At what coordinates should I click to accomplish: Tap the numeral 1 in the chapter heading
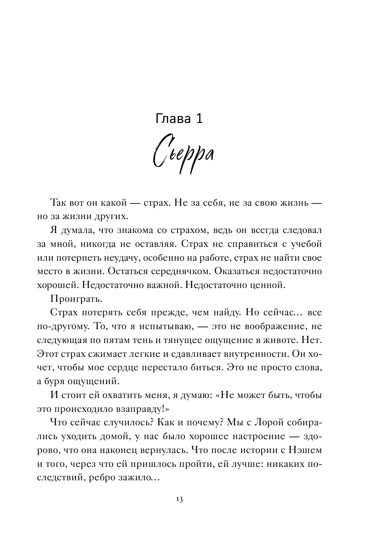[x=199, y=119]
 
